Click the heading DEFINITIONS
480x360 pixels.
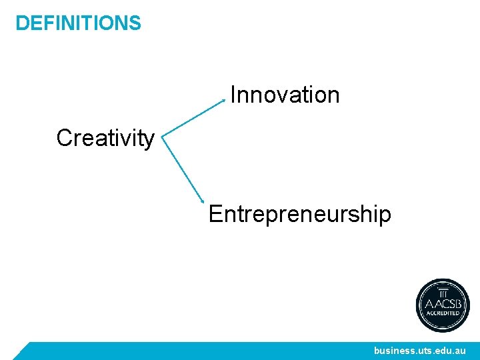coord(78,23)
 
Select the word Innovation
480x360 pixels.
coord(285,95)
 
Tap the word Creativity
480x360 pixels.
coord(105,139)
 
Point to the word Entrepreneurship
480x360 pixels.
coord(299,214)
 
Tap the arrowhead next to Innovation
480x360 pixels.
coord(224,101)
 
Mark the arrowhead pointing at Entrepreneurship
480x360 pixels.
coord(203,201)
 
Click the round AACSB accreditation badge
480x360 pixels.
coord(443,305)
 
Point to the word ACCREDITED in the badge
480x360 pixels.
coord(443,313)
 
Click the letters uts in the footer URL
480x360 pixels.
coord(427,350)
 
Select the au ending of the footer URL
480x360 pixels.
coord(461,350)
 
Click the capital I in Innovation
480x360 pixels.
coord(233,95)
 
